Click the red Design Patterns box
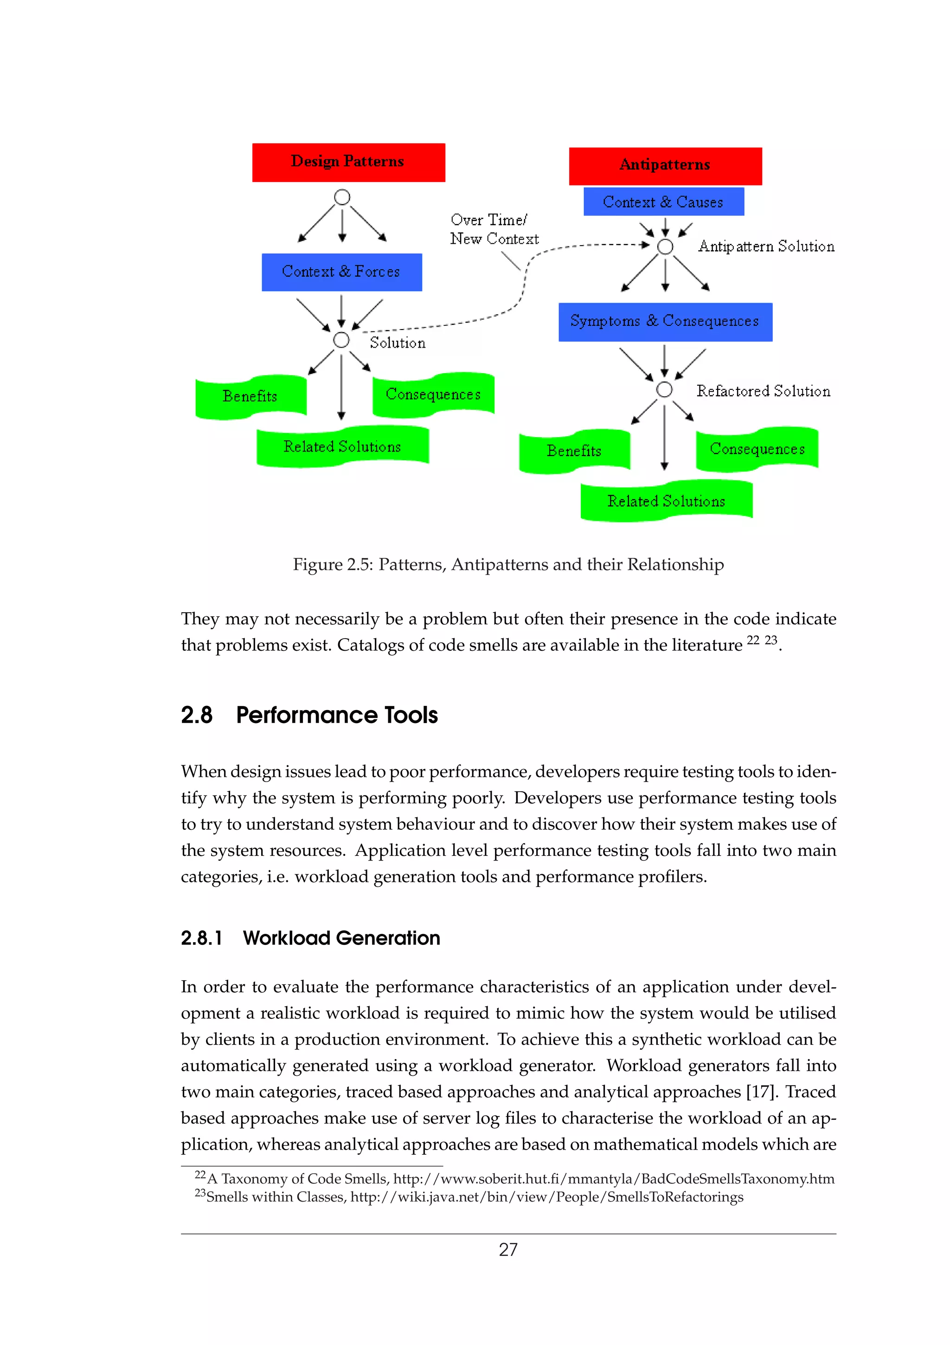pos(348,162)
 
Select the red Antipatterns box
pos(665,166)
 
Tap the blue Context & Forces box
pos(341,272)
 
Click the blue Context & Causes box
pos(663,201)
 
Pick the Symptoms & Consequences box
pos(665,322)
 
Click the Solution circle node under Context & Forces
pos(341,340)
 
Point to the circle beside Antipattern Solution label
pos(665,246)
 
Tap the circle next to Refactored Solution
pos(664,389)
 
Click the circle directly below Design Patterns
pos(342,197)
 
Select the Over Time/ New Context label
pos(494,229)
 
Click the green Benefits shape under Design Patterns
pos(250,397)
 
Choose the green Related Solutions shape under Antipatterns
pos(666,501)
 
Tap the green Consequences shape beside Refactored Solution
pos(757,449)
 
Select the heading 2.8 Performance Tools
pos(309,715)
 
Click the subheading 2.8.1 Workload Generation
pos(310,938)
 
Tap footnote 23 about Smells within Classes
pos(468,1197)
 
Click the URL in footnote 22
pos(613,1179)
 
